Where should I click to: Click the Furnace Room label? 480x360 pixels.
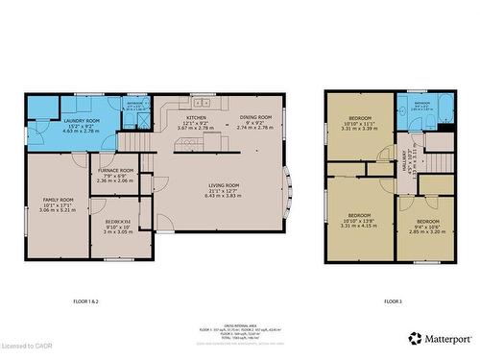[116, 175]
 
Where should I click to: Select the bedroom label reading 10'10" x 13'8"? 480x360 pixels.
[359, 220]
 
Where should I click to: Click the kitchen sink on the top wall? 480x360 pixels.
[203, 101]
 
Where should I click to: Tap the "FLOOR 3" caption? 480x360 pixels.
[393, 301]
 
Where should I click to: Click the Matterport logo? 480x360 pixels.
[441, 338]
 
